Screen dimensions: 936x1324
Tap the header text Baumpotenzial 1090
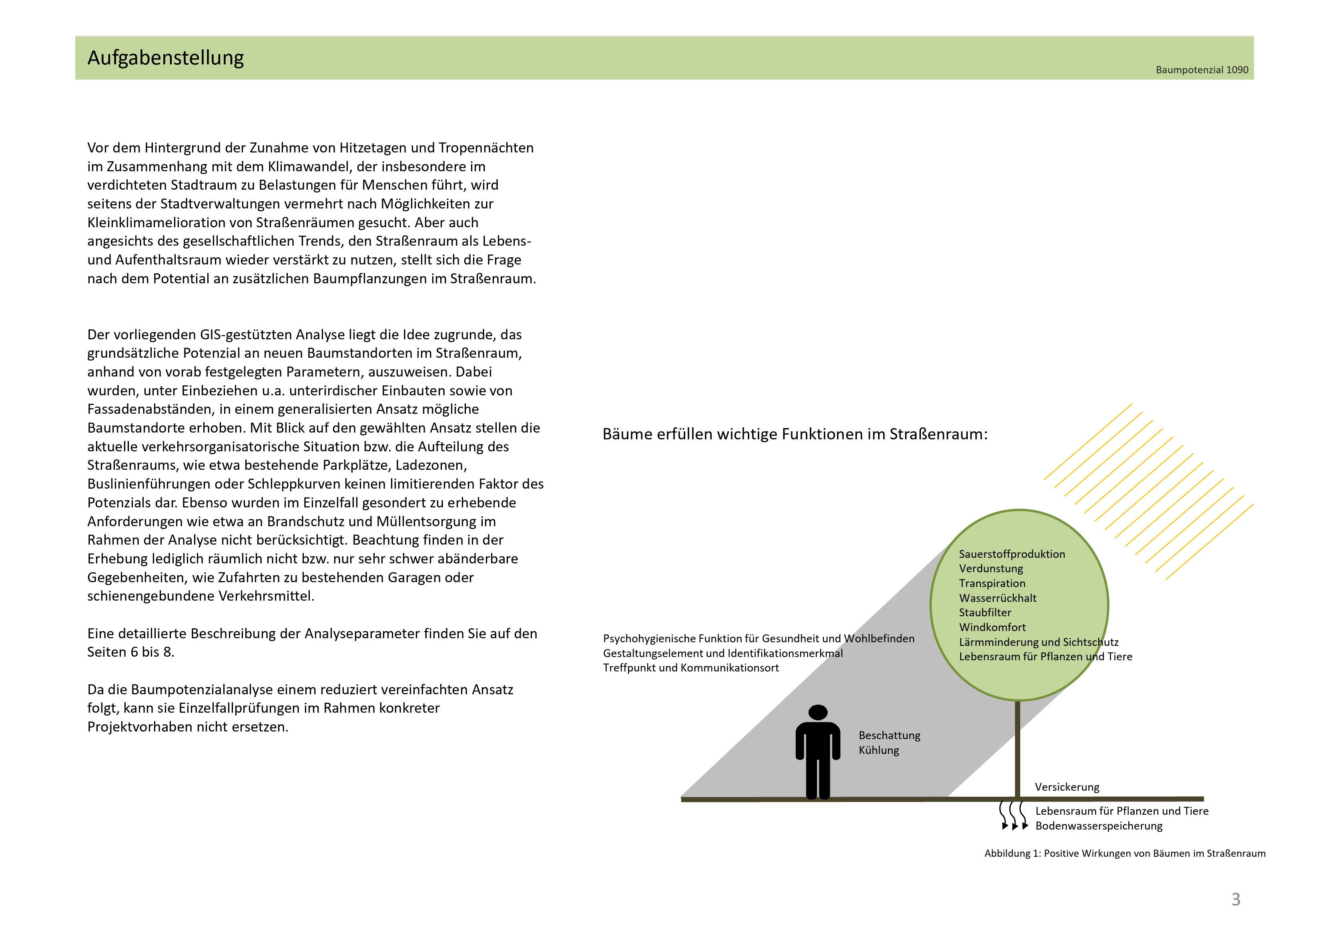[1202, 70]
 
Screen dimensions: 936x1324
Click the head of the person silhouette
[818, 712]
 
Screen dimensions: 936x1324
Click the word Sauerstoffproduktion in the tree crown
[1011, 554]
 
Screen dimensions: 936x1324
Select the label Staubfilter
[984, 613]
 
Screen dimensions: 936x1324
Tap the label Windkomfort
[992, 627]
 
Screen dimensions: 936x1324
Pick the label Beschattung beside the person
[889, 735]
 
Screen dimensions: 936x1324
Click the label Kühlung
[878, 750]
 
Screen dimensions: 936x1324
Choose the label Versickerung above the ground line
[1067, 787]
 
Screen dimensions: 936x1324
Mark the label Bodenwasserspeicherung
[1099, 826]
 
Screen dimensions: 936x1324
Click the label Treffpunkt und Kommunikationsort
[691, 668]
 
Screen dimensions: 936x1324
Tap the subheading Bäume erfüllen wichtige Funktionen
[794, 434]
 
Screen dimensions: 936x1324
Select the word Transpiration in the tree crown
[992, 583]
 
